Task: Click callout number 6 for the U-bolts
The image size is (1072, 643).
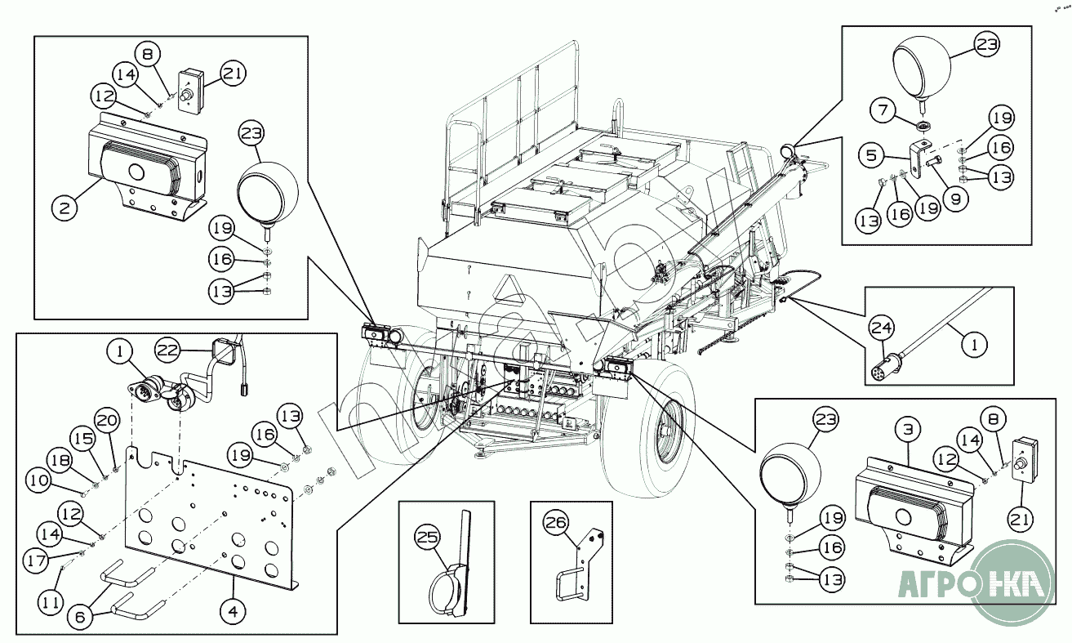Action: coord(80,618)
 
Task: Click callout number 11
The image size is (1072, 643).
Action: coord(50,602)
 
